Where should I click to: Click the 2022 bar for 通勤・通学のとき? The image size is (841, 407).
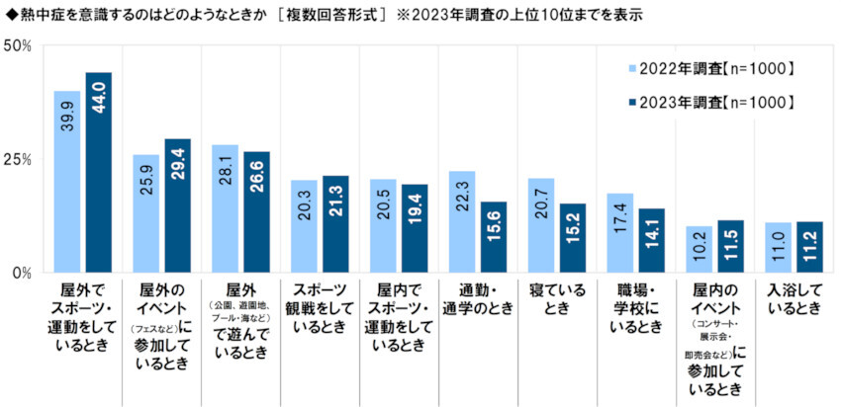click(462, 221)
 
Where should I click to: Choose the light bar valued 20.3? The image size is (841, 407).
click(304, 226)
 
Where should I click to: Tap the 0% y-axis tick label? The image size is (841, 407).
click(22, 273)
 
